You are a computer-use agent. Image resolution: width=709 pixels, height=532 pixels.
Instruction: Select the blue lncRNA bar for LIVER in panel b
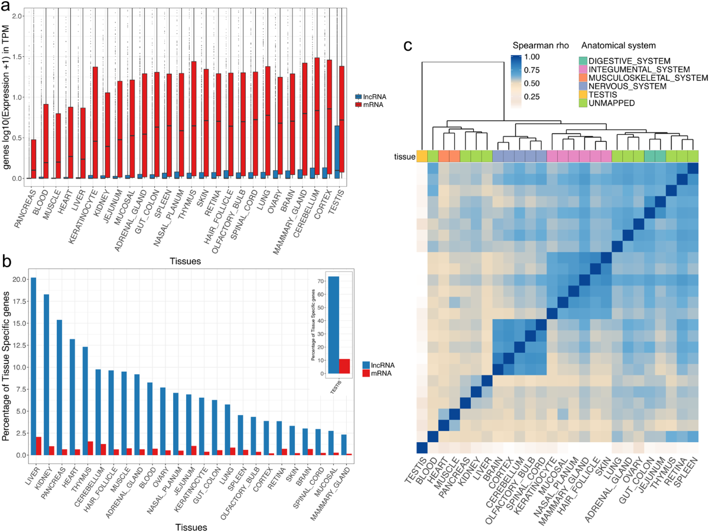pos(33,366)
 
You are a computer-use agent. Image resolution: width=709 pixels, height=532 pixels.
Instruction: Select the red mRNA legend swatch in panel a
pos(358,105)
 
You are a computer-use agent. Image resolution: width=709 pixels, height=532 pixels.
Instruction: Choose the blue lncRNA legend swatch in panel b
pos(358,365)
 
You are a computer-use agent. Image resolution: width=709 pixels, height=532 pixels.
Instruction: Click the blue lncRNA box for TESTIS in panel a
pos(337,151)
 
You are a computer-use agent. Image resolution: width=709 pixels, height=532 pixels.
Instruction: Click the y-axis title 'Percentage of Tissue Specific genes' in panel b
pos(8,364)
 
